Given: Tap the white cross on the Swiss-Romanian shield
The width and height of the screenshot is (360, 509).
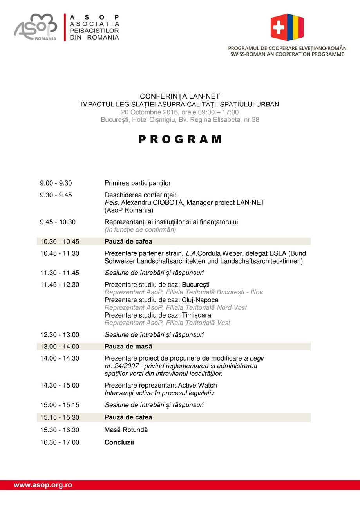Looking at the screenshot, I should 279,27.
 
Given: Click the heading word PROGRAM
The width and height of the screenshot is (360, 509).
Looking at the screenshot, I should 180,139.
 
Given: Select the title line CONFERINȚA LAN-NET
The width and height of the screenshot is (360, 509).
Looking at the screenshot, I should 180,96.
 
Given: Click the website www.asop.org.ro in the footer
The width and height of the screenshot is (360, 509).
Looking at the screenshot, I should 43,485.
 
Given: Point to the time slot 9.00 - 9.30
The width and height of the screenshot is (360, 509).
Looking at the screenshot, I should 56,183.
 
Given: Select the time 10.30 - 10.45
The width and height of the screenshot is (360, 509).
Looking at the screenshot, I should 60,242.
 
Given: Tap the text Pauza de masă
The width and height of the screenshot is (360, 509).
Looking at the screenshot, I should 128,347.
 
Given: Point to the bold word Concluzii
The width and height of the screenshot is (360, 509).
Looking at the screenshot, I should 119,442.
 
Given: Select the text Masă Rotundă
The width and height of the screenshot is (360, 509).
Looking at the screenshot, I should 126,430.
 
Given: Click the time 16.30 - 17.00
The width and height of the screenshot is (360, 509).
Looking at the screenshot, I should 60,442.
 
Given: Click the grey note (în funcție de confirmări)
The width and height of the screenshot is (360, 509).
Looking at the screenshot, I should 140,229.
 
